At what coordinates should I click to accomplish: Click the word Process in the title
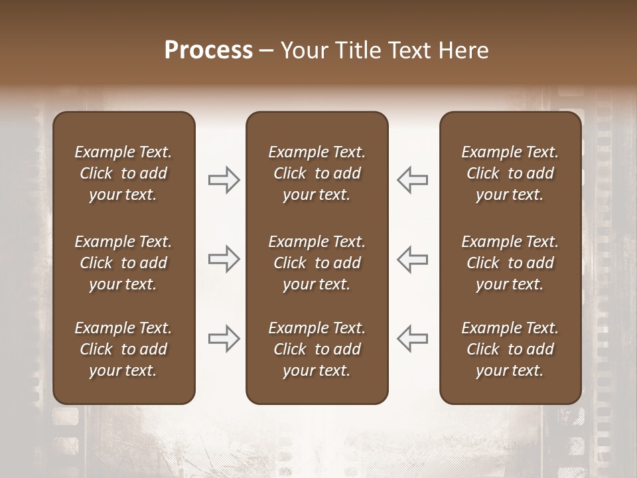(208, 50)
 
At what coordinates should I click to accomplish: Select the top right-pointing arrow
(224, 180)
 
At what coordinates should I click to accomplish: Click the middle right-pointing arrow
(224, 259)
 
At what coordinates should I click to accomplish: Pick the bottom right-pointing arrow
(224, 338)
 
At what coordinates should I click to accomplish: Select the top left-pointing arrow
(413, 180)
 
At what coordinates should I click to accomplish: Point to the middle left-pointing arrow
(413, 259)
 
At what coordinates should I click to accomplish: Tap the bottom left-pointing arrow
(413, 338)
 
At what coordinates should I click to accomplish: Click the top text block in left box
(123, 173)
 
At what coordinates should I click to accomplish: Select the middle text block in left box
(123, 263)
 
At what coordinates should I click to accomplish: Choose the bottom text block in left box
(123, 349)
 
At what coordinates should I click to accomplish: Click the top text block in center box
(317, 173)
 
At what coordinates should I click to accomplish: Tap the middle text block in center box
(317, 263)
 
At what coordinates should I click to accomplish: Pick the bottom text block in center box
(317, 349)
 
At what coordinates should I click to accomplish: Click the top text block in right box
(510, 173)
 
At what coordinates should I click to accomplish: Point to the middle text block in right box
(510, 263)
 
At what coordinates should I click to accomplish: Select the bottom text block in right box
(510, 349)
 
